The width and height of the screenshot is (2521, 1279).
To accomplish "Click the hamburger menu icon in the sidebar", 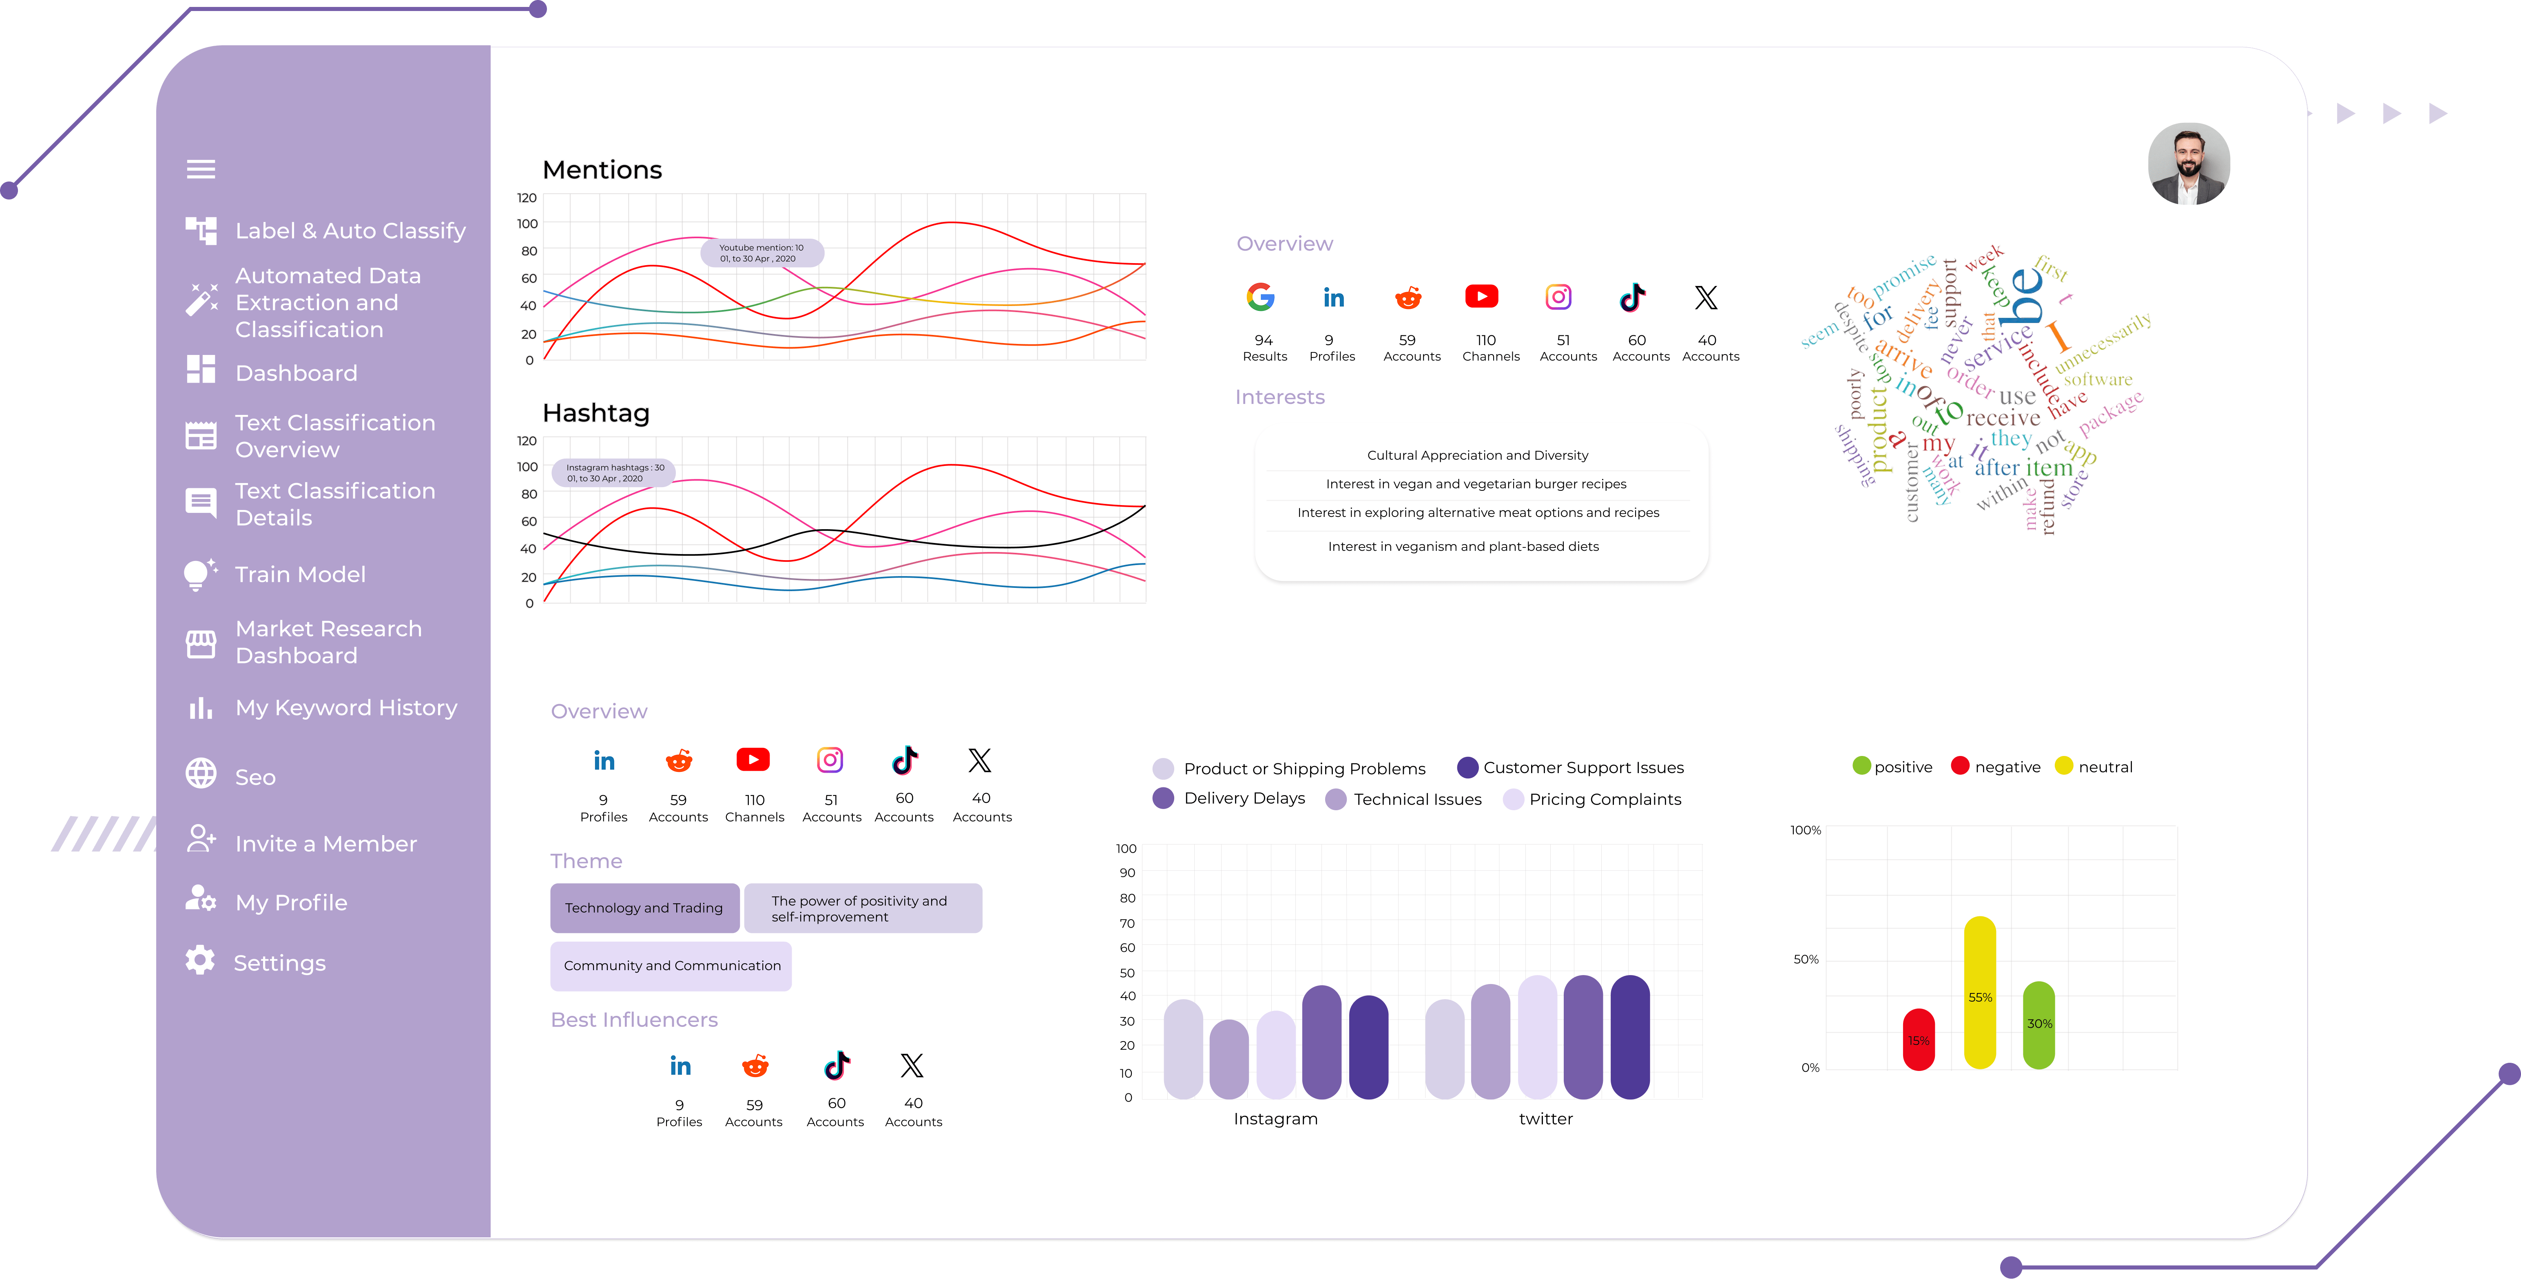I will click(x=201, y=169).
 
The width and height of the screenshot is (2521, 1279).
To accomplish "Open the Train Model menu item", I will click(x=299, y=574).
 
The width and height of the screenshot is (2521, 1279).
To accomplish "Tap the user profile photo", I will click(x=2188, y=164).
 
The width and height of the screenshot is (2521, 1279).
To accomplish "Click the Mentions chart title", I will click(x=602, y=170).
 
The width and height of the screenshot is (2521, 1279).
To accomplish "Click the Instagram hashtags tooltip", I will click(x=613, y=473).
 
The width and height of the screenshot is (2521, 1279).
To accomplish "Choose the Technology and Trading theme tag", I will click(x=644, y=908).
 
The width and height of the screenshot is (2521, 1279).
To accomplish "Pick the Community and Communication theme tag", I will click(x=671, y=966).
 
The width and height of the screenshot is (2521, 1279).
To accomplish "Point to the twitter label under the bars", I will click(x=1545, y=1119).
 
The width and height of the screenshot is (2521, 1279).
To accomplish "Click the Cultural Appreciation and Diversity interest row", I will click(x=1477, y=455).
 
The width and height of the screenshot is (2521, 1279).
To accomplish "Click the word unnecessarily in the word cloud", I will click(x=2104, y=343).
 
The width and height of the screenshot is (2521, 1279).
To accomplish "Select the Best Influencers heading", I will click(x=634, y=1020).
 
